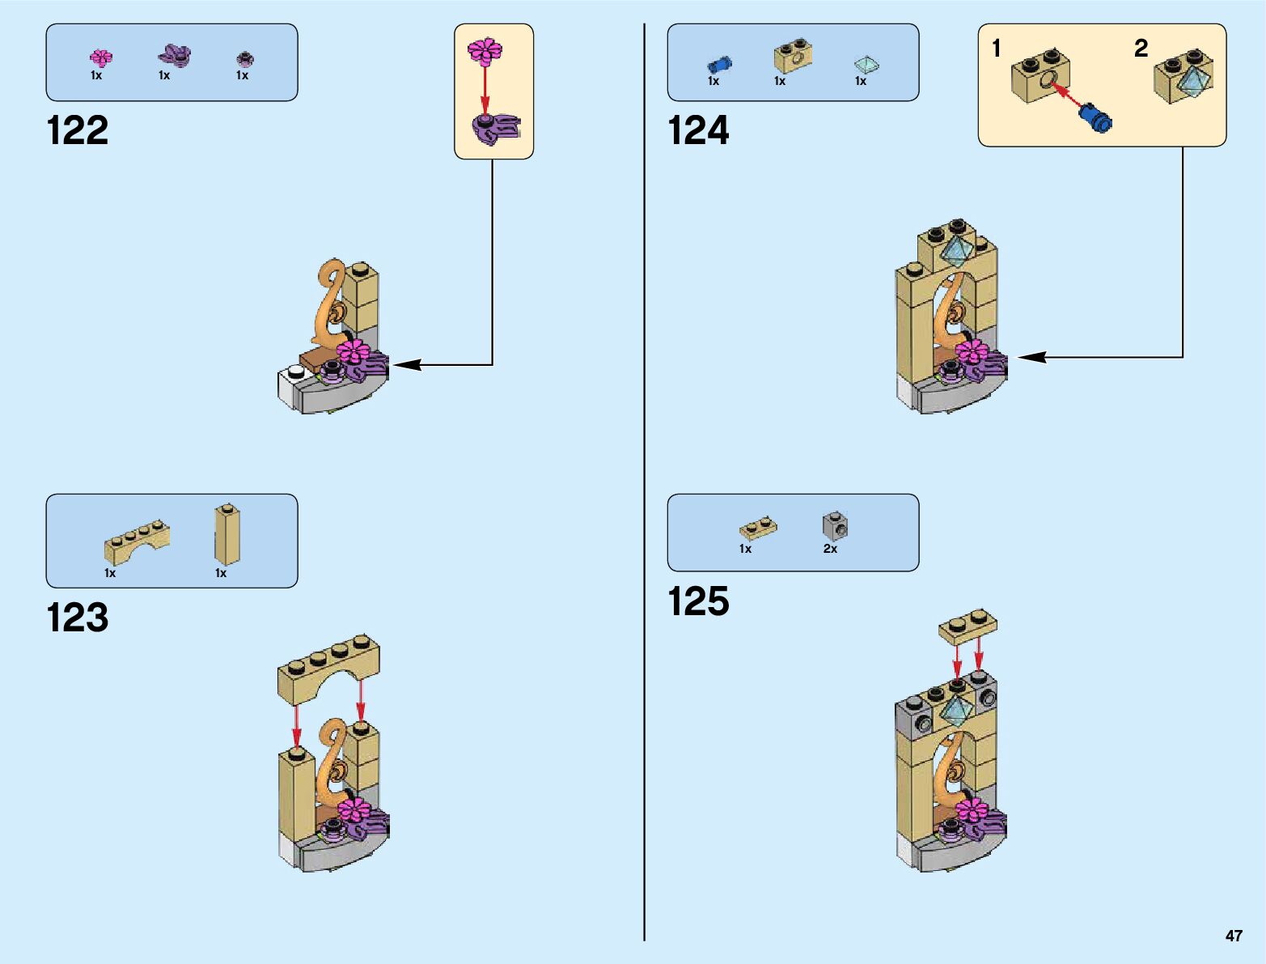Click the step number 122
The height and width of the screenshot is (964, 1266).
tap(78, 131)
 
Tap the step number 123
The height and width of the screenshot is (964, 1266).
tap(78, 618)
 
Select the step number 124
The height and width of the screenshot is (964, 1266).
tap(698, 131)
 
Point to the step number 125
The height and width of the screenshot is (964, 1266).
tap(698, 601)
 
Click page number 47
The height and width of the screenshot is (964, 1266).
tap(1234, 936)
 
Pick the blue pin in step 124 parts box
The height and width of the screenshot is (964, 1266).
tap(718, 64)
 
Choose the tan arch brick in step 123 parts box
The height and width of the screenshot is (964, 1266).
tap(137, 541)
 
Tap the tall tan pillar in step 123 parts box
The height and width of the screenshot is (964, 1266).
tap(227, 535)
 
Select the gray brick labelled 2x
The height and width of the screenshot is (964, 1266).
tap(835, 526)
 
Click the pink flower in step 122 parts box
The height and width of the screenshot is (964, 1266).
tap(101, 57)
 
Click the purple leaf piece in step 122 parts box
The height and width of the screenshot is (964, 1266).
tap(174, 56)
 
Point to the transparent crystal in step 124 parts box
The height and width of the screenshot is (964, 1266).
tap(866, 65)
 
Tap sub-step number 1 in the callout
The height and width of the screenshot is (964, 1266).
tap(997, 49)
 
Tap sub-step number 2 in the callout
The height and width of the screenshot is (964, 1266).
tap(1141, 49)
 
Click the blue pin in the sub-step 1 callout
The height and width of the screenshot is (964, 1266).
tap(1097, 118)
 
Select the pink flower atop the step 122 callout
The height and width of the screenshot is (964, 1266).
tap(485, 50)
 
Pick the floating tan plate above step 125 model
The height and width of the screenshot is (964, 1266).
tap(967, 626)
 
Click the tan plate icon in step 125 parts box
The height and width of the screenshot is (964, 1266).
tap(758, 529)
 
